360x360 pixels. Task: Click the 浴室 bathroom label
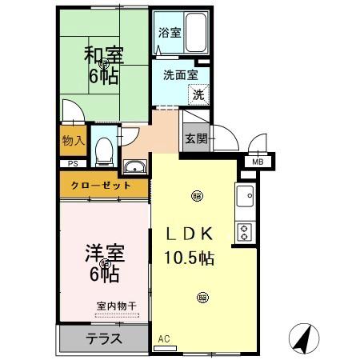tap(169, 34)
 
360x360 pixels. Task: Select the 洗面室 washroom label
tap(180, 77)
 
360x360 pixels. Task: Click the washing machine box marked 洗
tap(197, 94)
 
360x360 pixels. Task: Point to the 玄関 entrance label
tap(196, 138)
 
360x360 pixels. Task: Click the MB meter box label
tap(258, 162)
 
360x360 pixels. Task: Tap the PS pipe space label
tap(72, 164)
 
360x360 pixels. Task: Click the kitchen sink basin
tap(244, 194)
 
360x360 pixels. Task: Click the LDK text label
tap(188, 234)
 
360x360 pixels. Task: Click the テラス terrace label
tap(104, 338)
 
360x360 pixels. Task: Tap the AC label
tap(164, 339)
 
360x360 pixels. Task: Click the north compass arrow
tap(302, 340)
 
